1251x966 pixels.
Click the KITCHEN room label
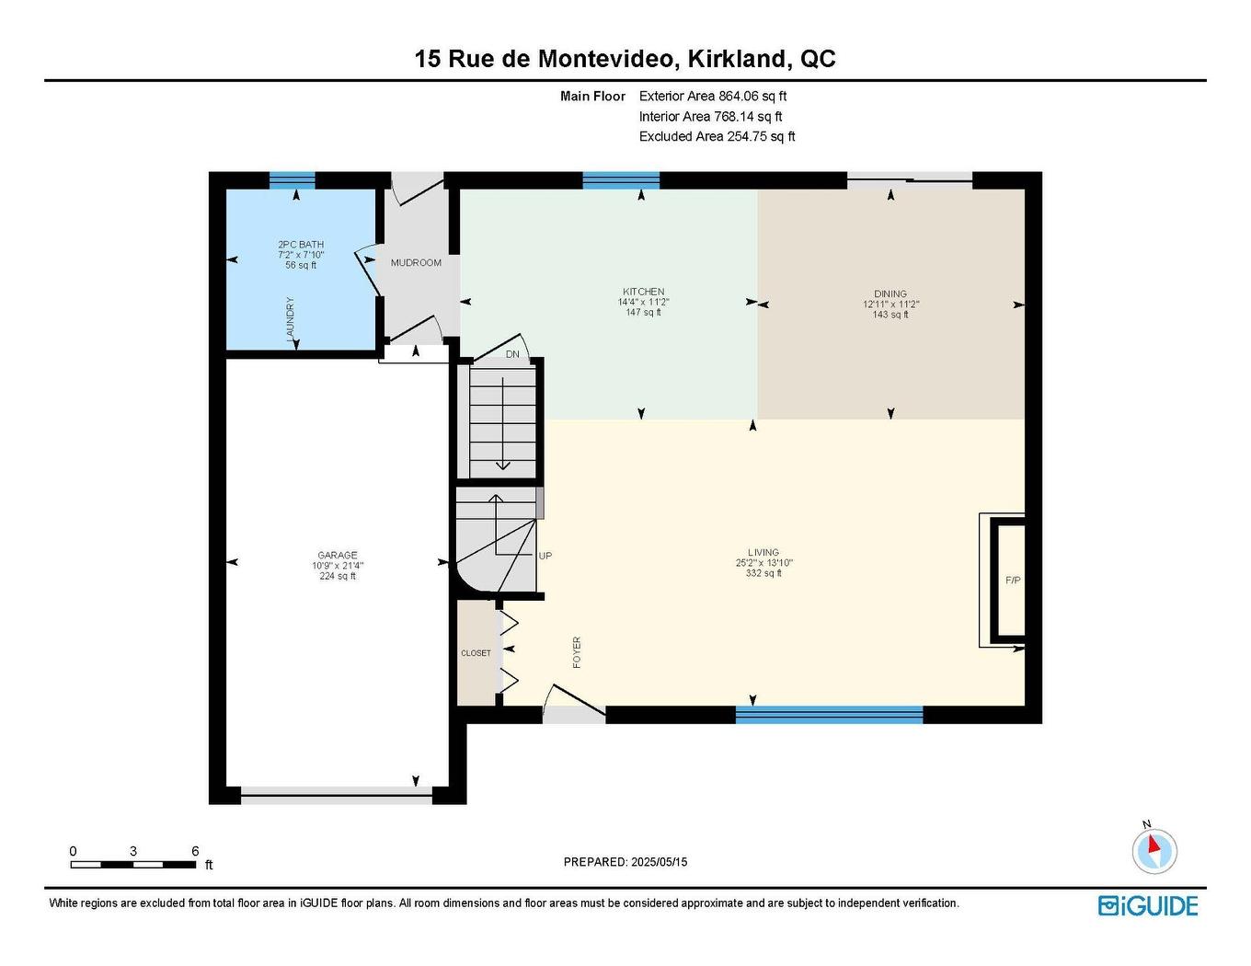pyautogui.click(x=640, y=292)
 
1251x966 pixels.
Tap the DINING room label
pyautogui.click(x=890, y=294)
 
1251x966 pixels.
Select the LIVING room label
pyautogui.click(x=763, y=553)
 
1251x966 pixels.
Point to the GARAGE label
pyautogui.click(x=338, y=556)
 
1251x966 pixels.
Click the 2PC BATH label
pyautogui.click(x=301, y=245)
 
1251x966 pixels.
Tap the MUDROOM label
pyautogui.click(x=416, y=263)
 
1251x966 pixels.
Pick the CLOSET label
pyautogui.click(x=476, y=653)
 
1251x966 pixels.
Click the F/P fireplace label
pyautogui.click(x=1013, y=581)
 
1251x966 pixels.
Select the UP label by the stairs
pyautogui.click(x=545, y=557)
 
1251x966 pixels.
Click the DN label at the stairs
pyautogui.click(x=512, y=354)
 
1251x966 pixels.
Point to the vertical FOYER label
pyautogui.click(x=577, y=652)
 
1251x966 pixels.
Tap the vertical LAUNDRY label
pyautogui.click(x=291, y=319)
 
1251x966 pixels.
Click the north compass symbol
pyautogui.click(x=1153, y=849)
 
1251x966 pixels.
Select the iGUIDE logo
pyautogui.click(x=1148, y=905)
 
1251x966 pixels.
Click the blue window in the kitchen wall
pyautogui.click(x=621, y=180)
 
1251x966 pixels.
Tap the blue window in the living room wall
pyautogui.click(x=829, y=714)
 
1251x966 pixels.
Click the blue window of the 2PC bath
pyautogui.click(x=293, y=179)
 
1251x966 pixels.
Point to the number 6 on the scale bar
pyautogui.click(x=195, y=852)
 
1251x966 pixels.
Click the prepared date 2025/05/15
pyautogui.click(x=660, y=862)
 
